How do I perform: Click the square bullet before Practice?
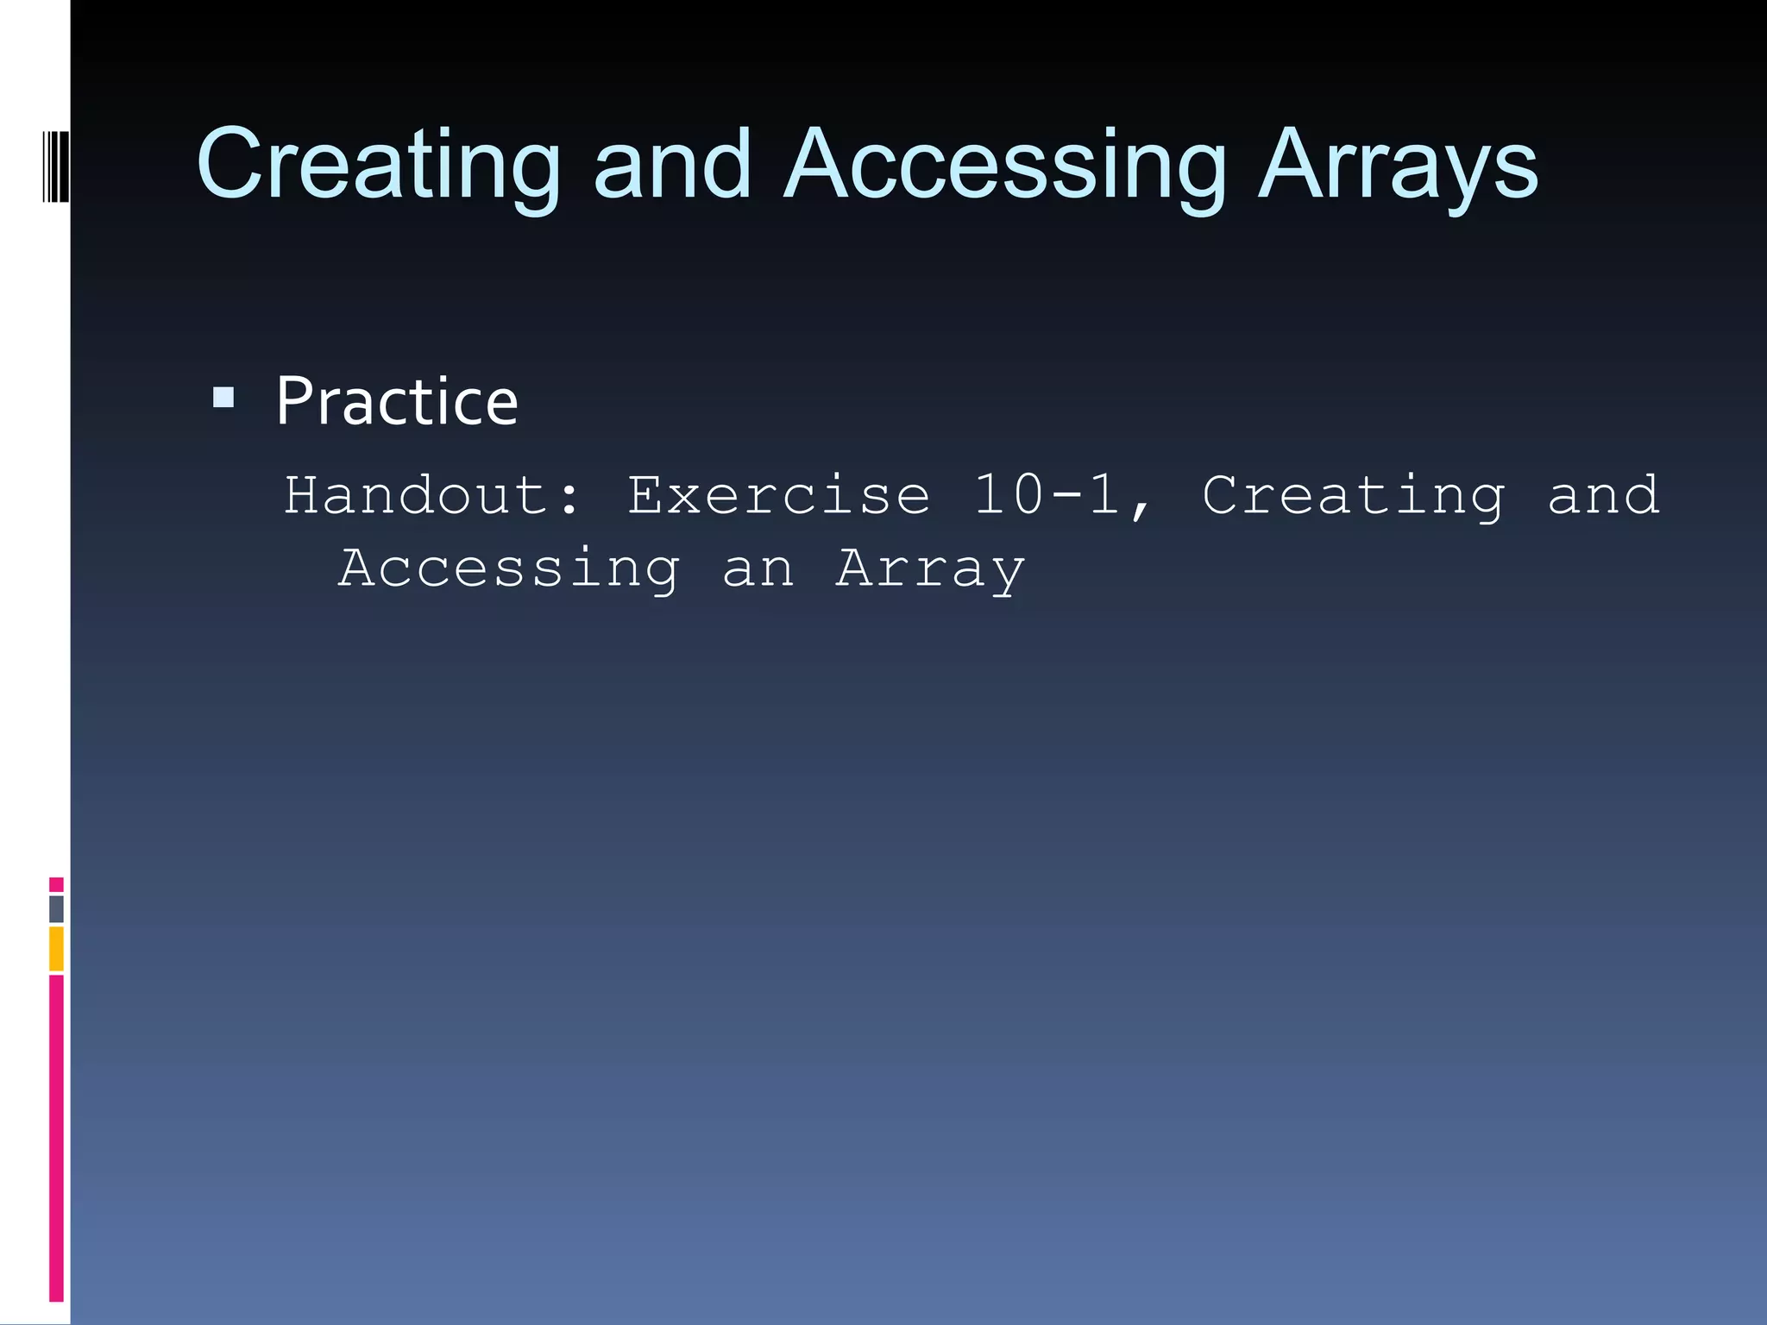223,398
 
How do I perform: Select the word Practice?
397,402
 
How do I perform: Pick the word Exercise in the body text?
778,495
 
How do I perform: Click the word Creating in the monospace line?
1353,497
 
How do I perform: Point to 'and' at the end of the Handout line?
1603,495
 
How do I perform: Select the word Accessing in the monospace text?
509,569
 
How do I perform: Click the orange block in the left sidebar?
56,948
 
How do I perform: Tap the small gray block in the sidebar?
56,908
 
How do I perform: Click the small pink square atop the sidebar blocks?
56,884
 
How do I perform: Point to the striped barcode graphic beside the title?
55,166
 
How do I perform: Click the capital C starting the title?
228,164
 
